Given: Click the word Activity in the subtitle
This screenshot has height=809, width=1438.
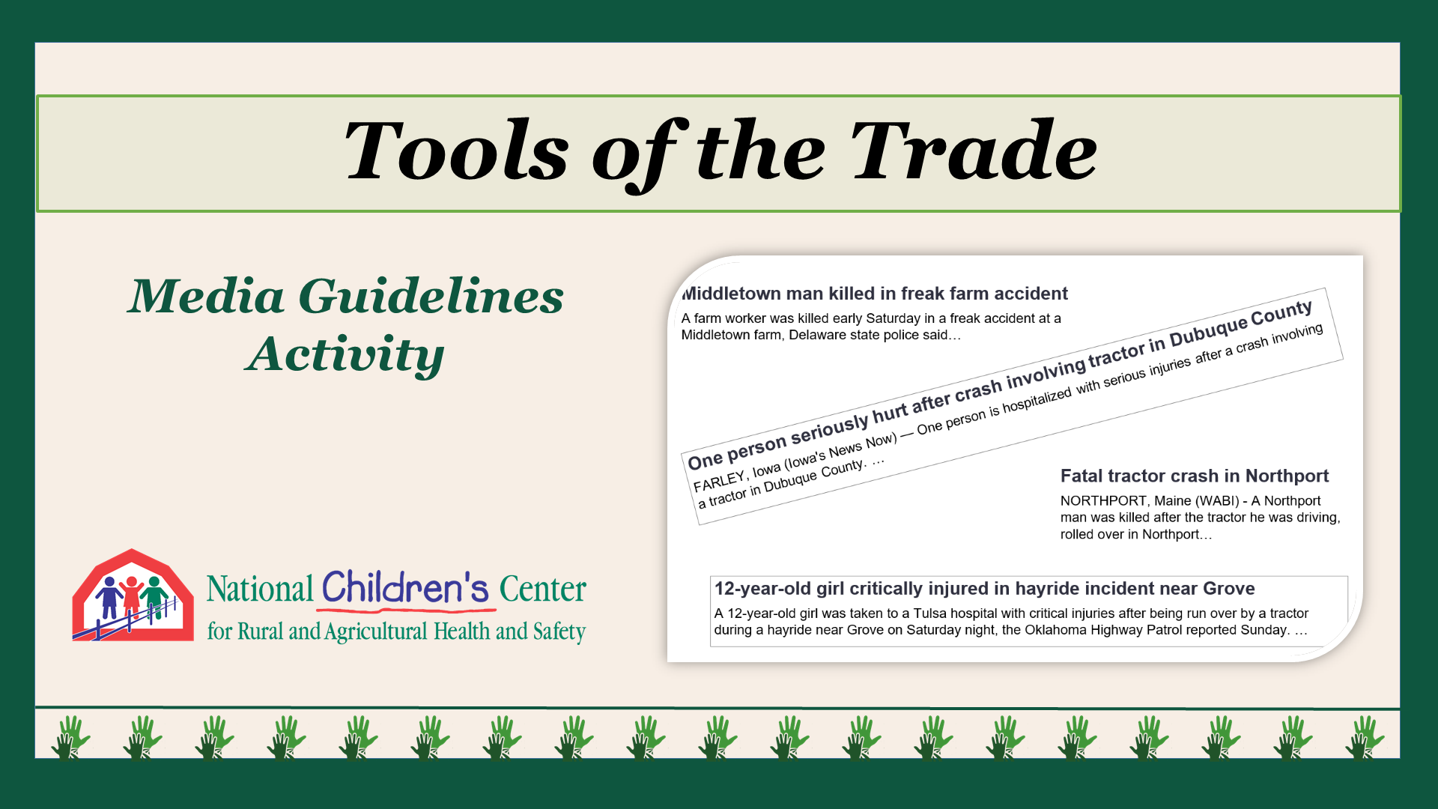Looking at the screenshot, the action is pyautogui.click(x=345, y=354).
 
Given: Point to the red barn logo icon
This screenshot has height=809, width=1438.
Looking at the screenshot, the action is pyautogui.click(x=133, y=596).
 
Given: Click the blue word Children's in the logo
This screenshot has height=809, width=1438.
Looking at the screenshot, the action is pyautogui.click(x=405, y=588).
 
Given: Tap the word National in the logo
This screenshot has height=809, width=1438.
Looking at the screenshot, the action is pyautogui.click(x=260, y=590).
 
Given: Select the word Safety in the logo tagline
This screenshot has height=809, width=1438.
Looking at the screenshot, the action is pyautogui.click(x=559, y=631).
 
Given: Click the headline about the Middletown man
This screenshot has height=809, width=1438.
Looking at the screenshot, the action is pyautogui.click(x=875, y=294).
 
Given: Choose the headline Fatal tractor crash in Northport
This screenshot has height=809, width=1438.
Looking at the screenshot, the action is pyautogui.click(x=1195, y=476).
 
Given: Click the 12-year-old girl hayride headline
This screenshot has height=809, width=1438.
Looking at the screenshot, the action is pyautogui.click(x=984, y=589).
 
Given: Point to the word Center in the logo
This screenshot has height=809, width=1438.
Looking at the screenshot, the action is pyautogui.click(x=543, y=590).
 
